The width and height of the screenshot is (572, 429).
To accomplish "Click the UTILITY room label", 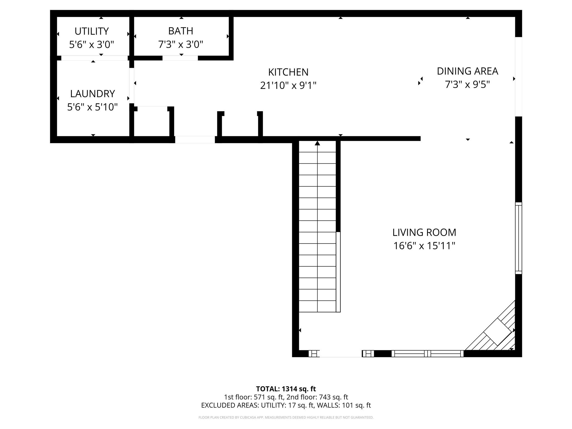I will pos(91,31).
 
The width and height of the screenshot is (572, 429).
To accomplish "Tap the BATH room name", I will pos(180,31).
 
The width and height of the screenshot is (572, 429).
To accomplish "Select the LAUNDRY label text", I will pos(92,94).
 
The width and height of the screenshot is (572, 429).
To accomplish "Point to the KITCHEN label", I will pos(288,72).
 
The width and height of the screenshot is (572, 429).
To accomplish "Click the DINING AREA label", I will pos(467,71).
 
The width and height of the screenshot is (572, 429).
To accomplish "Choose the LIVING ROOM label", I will pos(424,232).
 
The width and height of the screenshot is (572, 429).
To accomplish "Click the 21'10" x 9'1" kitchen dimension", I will pos(288,85).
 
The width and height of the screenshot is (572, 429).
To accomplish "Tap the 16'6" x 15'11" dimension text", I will pos(424,246).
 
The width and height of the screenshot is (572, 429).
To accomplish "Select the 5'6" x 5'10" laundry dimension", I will pos(92,107).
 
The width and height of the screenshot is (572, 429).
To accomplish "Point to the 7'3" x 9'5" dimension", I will pos(467,84).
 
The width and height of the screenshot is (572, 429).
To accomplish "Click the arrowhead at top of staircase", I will pos(317,143).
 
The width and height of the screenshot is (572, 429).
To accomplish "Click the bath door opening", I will pos(180,58).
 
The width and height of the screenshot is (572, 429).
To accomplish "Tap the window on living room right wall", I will pos(518,238).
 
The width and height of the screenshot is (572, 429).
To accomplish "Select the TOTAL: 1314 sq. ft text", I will pos(286,389).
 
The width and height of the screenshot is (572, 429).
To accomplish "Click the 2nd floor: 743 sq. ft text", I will pos(317,397).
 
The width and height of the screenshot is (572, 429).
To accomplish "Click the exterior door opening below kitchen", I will pos(195,139).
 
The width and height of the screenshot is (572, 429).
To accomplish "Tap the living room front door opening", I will pos(340,354).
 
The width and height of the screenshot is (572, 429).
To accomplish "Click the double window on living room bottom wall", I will pos(427,354).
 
